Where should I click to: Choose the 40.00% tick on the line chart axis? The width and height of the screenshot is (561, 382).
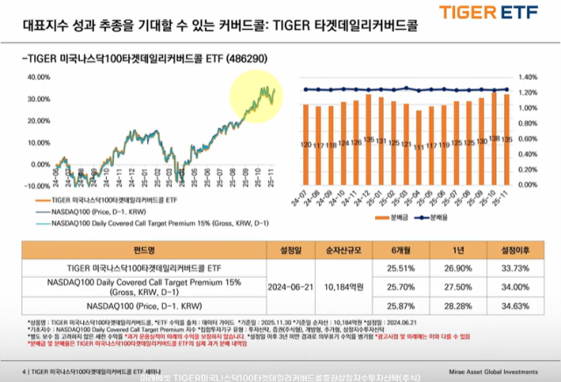point(36,76)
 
